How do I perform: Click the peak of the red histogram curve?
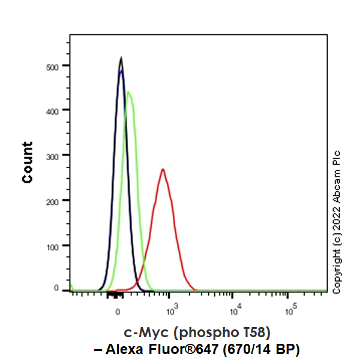[163, 169]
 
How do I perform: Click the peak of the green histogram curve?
[128, 92]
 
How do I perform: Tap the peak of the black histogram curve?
[121, 58]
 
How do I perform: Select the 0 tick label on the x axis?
[118, 311]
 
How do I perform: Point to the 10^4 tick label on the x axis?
[232, 311]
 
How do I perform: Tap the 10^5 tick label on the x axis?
[289, 311]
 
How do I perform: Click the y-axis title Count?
[28, 162]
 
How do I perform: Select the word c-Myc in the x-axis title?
[143, 332]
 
